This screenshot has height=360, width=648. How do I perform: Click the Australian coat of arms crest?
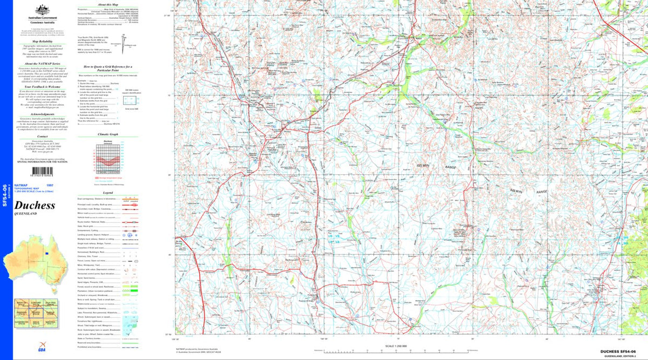[39, 10]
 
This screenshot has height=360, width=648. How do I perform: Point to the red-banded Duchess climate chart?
[107, 158]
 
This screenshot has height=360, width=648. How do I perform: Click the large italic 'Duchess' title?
[35, 205]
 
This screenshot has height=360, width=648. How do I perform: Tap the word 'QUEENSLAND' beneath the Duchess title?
[28, 214]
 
